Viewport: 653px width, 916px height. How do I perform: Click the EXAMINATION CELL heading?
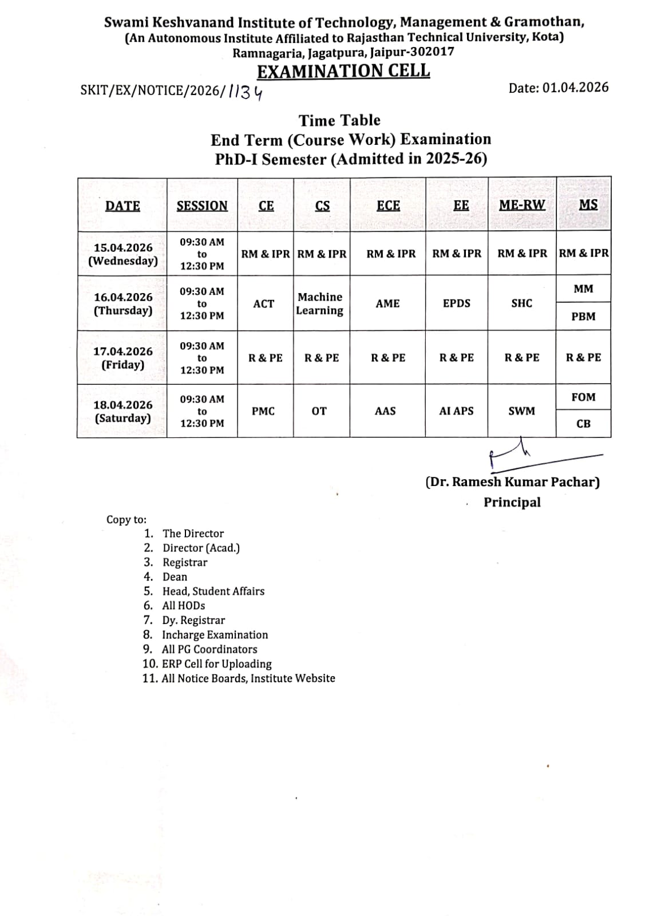(x=343, y=71)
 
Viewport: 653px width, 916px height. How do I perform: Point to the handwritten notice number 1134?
(x=246, y=92)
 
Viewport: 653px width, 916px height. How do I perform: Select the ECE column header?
(x=388, y=206)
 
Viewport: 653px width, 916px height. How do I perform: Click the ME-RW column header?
(x=521, y=205)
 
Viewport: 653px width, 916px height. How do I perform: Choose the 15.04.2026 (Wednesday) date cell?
(x=123, y=254)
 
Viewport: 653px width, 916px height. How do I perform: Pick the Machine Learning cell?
(x=320, y=303)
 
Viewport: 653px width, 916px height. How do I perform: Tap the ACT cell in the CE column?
(x=264, y=303)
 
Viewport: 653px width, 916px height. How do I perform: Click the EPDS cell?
(x=457, y=303)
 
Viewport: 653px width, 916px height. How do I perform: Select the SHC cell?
(x=521, y=303)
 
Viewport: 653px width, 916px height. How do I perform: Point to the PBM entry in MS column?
(x=583, y=317)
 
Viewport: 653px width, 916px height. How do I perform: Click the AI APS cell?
(x=456, y=411)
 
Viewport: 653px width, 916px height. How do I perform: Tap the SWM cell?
(x=521, y=411)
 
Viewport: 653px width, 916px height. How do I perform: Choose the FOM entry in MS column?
(x=583, y=397)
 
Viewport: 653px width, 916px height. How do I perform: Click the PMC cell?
(x=263, y=411)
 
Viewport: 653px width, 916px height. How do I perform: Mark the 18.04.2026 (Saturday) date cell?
(x=123, y=411)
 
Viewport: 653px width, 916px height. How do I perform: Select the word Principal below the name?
(x=512, y=502)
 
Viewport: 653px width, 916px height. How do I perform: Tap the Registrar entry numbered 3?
(x=184, y=562)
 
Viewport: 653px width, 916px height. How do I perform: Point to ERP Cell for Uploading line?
(x=216, y=664)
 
